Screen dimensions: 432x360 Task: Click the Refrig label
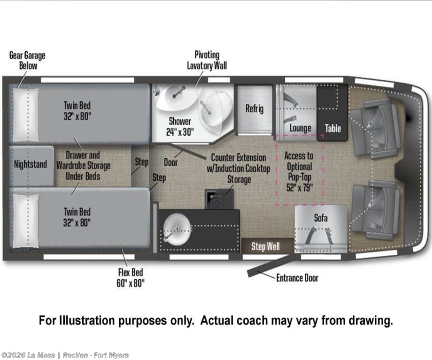(255, 108)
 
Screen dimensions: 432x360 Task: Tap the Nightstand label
(31, 164)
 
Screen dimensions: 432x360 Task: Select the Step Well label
(265, 246)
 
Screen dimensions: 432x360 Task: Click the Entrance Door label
(297, 278)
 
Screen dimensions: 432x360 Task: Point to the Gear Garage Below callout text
(27, 61)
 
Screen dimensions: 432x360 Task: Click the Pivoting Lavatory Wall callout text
(207, 60)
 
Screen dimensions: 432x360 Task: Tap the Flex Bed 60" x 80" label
(131, 278)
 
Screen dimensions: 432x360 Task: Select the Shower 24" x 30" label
(180, 126)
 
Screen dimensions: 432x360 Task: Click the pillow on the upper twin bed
(26, 115)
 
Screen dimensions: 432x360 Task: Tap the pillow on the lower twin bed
(26, 221)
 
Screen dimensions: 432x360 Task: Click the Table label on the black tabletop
(333, 128)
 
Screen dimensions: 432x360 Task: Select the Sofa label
(321, 218)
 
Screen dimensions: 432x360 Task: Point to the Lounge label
(301, 128)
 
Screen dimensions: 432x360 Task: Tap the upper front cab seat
(375, 127)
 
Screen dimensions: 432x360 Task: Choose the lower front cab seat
(375, 212)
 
